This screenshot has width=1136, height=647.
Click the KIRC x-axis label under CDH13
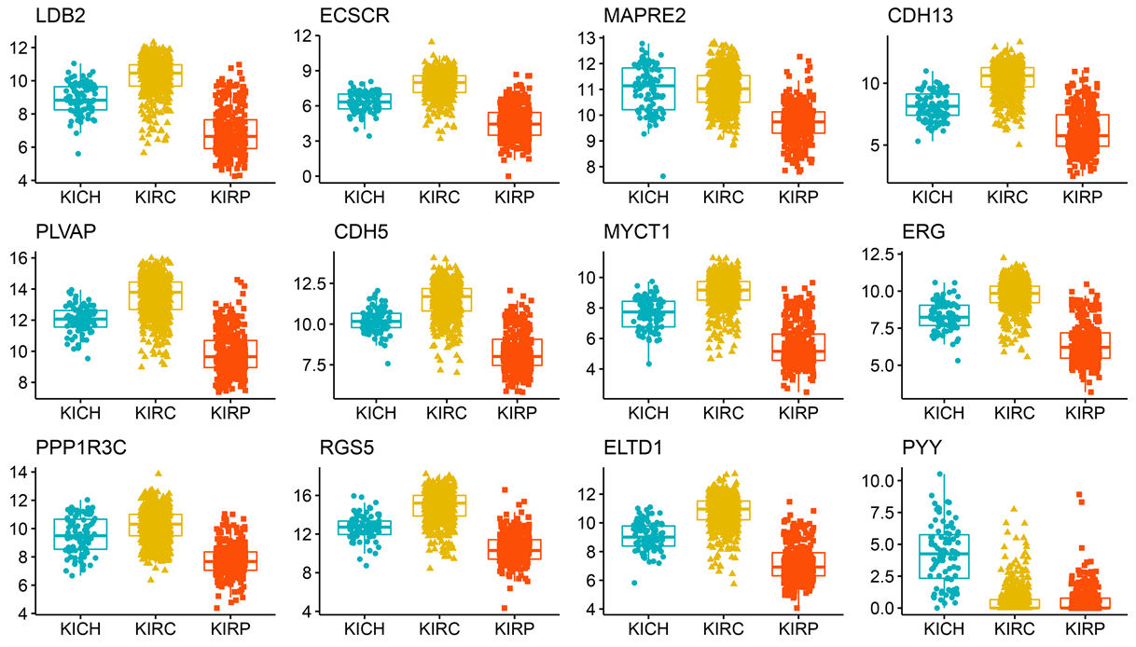(x=1006, y=196)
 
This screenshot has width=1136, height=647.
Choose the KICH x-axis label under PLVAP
(x=81, y=411)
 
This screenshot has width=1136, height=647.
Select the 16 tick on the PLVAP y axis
(x=21, y=258)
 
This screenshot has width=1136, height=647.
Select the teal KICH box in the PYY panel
(x=942, y=556)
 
